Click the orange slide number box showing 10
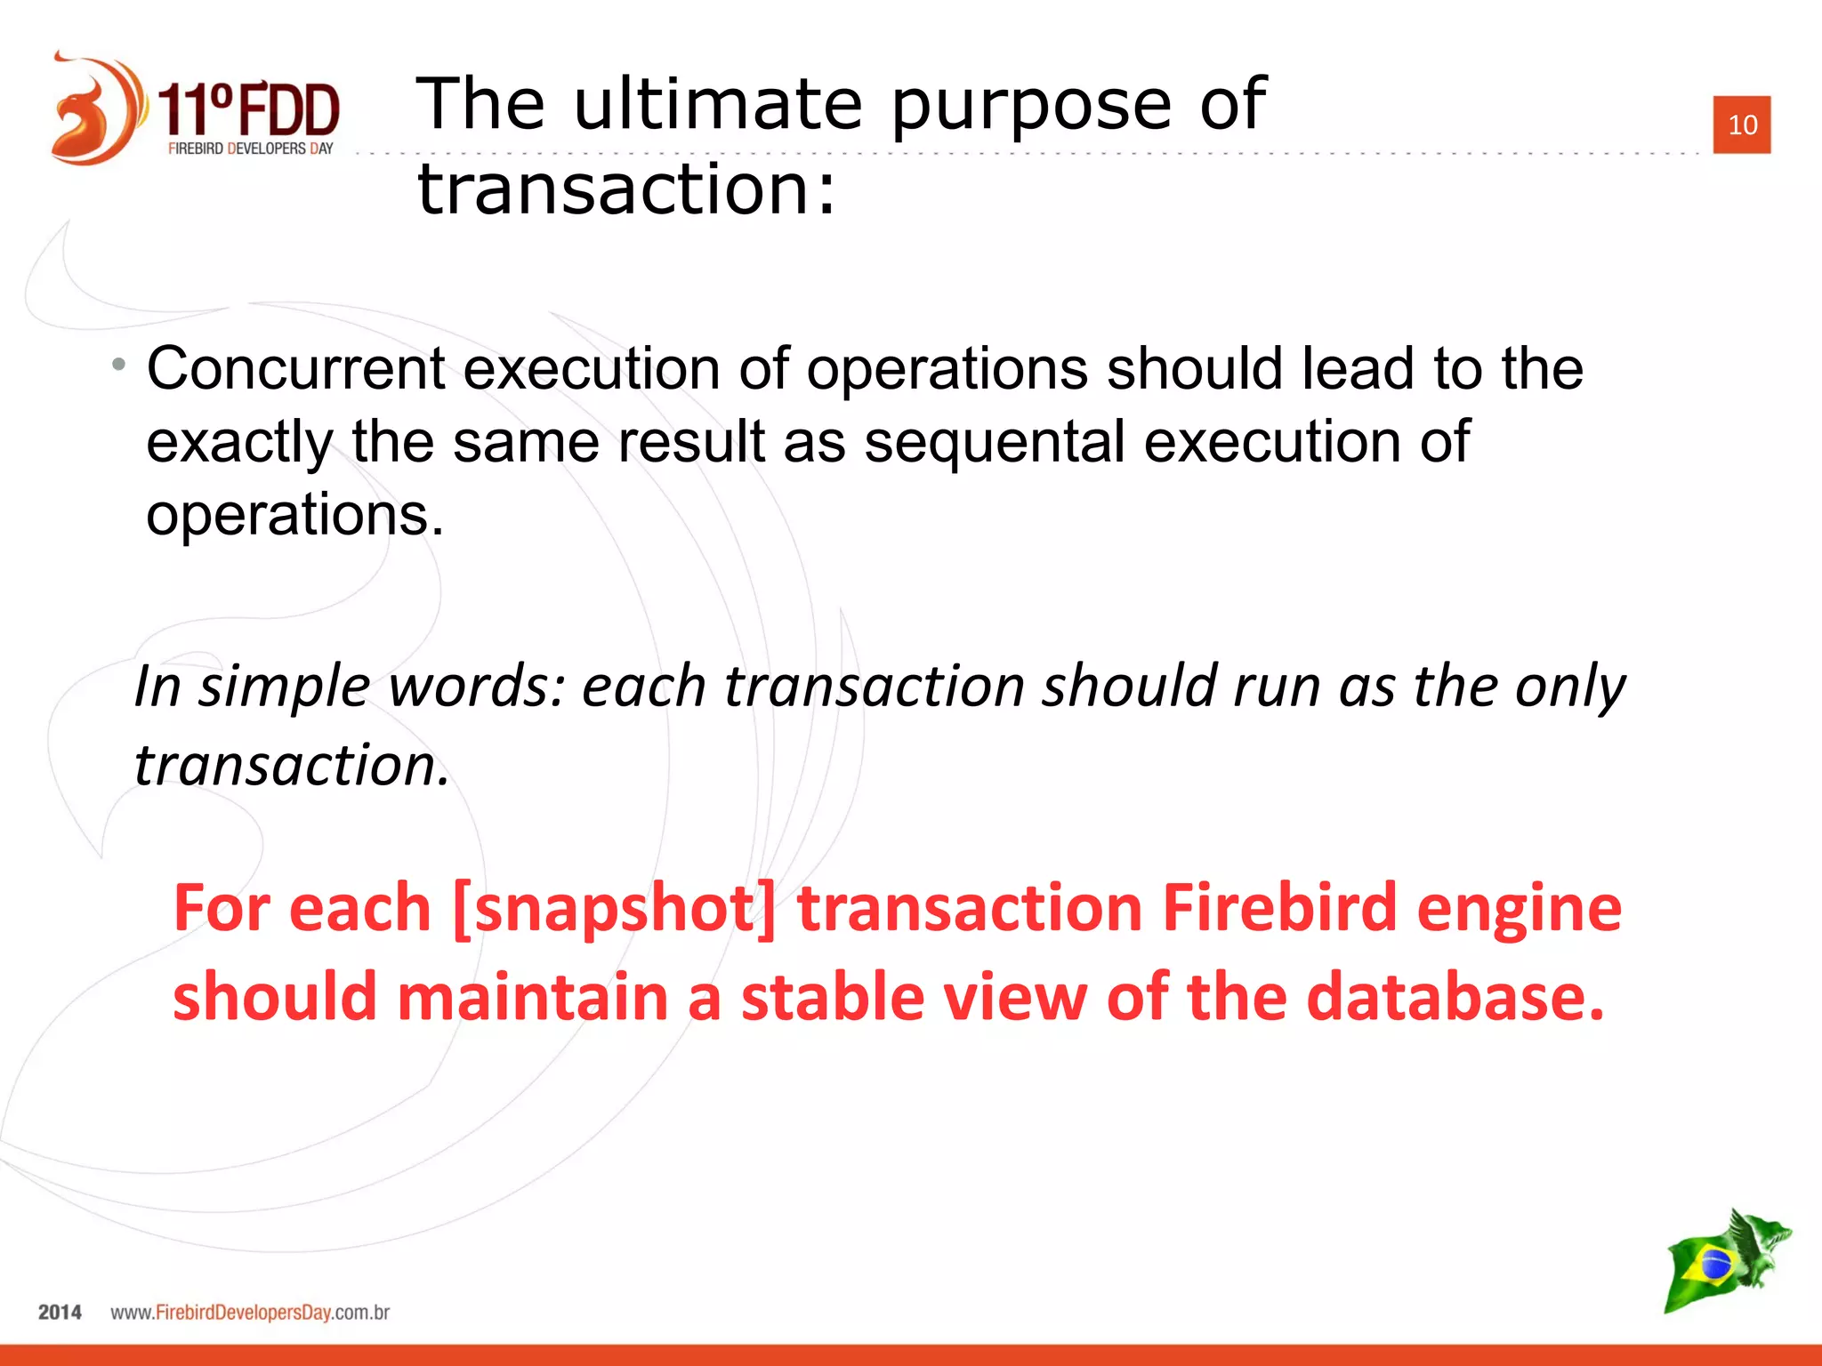(1741, 125)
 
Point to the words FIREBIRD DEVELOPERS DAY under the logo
(250, 149)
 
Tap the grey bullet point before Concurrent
(119, 364)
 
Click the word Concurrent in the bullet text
(296, 368)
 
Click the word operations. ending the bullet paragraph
(294, 515)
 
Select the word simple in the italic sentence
(284, 687)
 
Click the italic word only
(1570, 687)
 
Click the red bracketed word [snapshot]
(614, 908)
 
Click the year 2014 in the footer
(60, 1313)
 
